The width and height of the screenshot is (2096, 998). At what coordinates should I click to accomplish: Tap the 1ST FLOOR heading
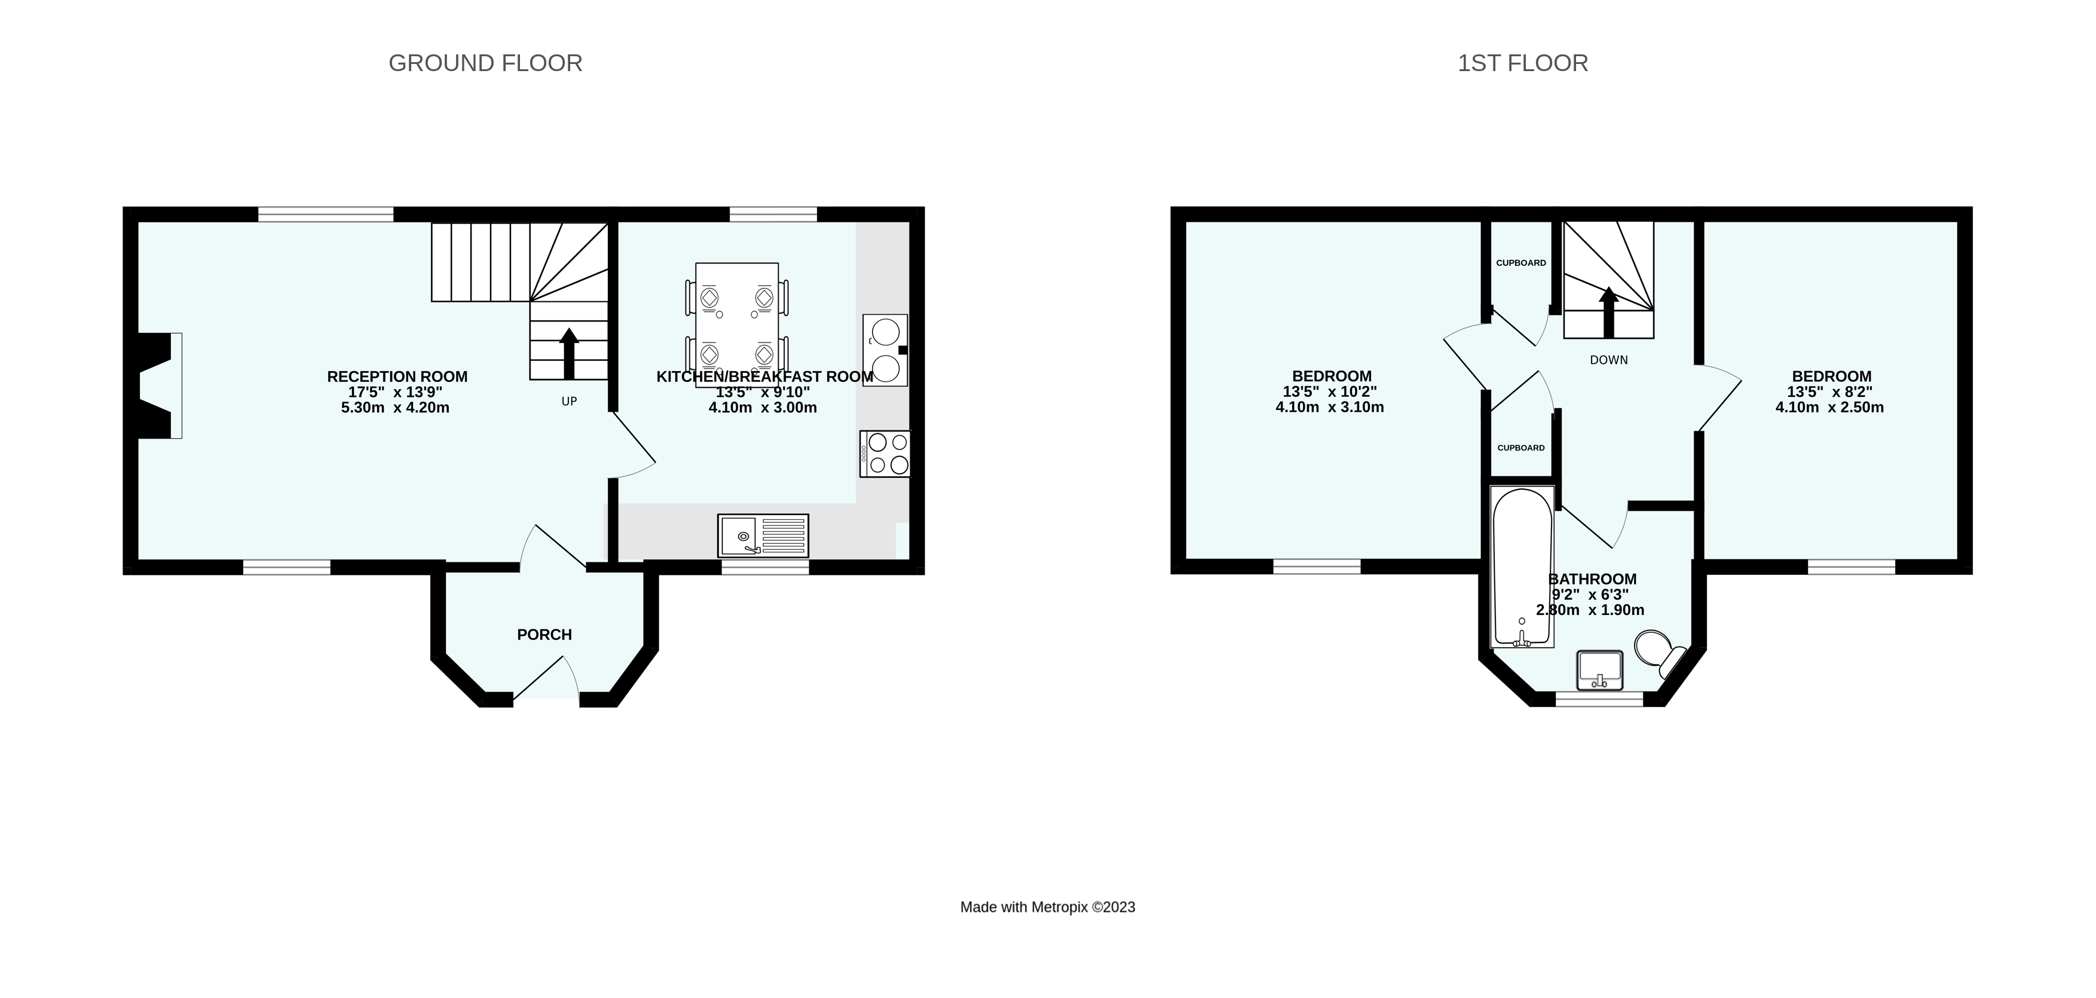click(x=1522, y=63)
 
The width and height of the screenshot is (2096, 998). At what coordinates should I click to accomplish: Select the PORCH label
click(x=544, y=635)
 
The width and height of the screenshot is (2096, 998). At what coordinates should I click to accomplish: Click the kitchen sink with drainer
click(x=763, y=536)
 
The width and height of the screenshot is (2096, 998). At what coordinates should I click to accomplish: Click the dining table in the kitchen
click(x=736, y=324)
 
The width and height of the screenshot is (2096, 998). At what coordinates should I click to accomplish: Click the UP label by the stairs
click(x=569, y=402)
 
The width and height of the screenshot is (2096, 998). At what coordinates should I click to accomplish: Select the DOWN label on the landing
click(x=1609, y=360)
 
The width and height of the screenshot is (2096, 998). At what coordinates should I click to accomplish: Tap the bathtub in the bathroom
click(x=1522, y=567)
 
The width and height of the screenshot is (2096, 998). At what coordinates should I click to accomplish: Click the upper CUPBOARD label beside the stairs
click(x=1520, y=263)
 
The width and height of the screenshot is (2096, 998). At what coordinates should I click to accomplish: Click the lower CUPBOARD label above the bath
click(x=1520, y=448)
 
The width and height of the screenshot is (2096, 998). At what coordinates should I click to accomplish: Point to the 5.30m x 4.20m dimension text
click(x=396, y=408)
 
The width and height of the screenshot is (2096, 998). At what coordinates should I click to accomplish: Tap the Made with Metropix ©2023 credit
click(x=1047, y=907)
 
